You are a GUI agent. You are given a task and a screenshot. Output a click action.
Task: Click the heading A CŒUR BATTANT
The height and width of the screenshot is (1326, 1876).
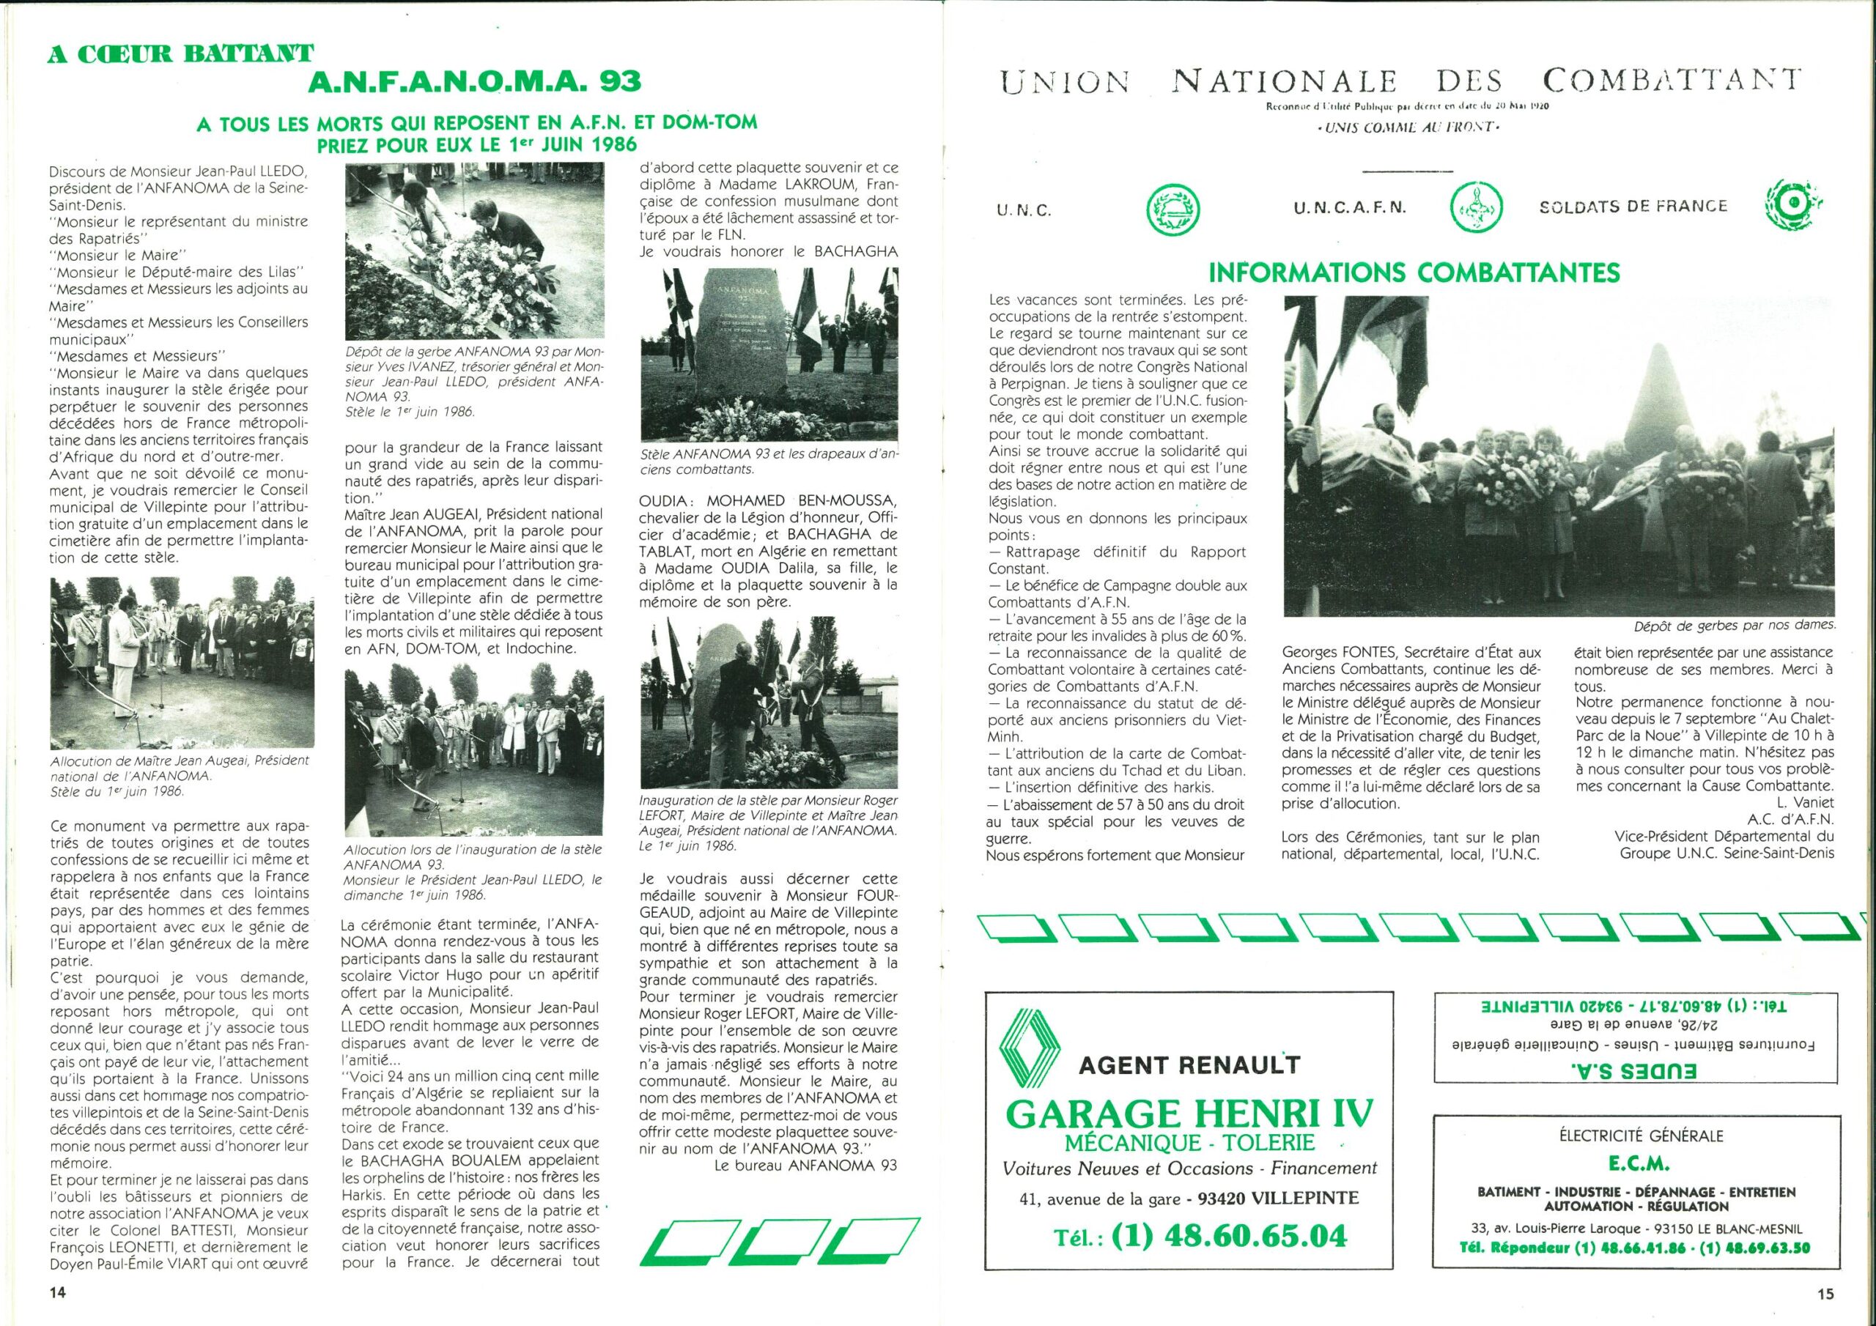click(180, 55)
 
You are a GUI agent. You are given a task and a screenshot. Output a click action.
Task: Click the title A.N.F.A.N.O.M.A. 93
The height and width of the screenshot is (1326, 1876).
click(474, 82)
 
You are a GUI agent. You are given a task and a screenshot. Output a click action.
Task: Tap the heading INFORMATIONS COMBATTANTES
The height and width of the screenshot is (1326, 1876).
click(1414, 272)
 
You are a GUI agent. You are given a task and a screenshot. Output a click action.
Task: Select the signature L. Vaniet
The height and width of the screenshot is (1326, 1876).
click(1807, 803)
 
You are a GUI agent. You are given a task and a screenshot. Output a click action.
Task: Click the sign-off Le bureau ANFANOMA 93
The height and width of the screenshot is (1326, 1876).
click(805, 1166)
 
